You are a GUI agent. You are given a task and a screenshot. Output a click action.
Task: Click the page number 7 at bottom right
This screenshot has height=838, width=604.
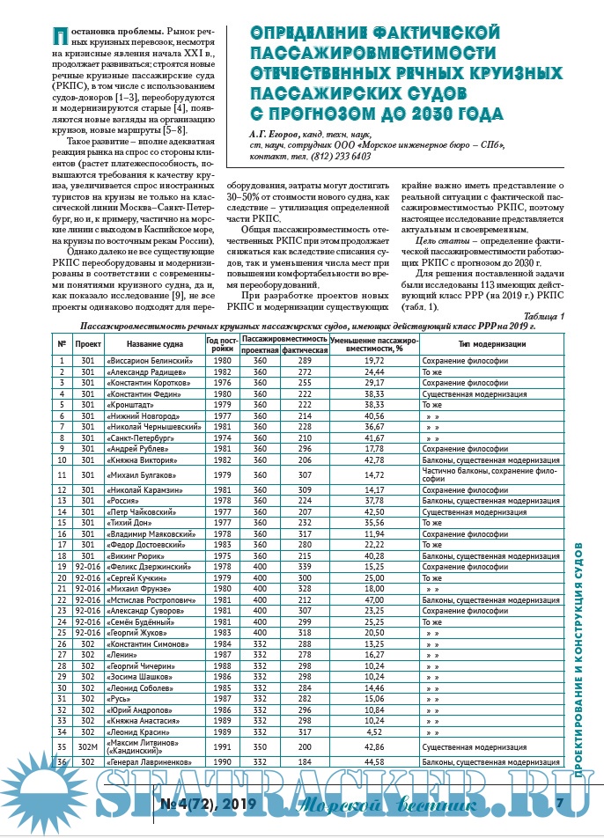coord(561,803)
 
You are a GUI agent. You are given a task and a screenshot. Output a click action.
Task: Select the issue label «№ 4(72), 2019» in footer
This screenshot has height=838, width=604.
coord(208,803)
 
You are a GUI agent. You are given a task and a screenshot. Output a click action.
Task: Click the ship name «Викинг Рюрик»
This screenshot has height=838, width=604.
coord(136,556)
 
